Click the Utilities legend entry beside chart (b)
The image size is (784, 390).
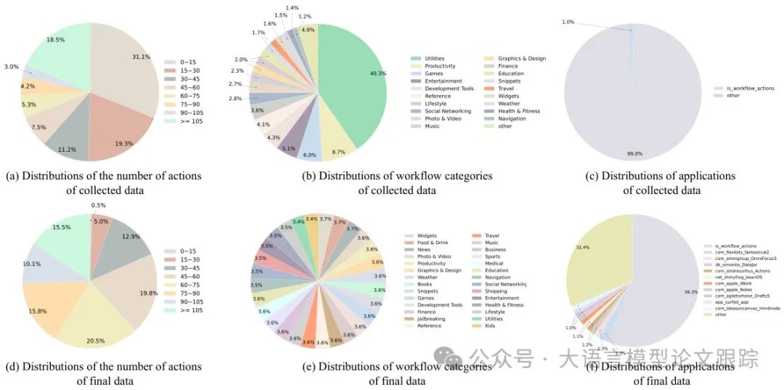435,58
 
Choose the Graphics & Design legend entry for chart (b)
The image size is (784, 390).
521,58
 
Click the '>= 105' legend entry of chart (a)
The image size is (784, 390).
187,121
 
